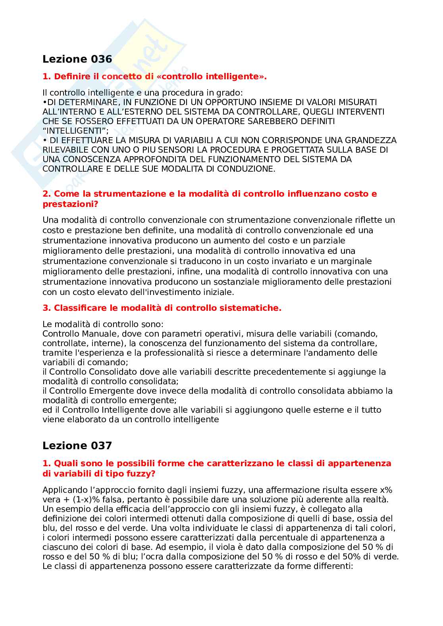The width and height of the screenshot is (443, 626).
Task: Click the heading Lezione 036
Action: [x=77, y=59]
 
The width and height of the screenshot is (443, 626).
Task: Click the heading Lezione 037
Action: [x=77, y=446]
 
